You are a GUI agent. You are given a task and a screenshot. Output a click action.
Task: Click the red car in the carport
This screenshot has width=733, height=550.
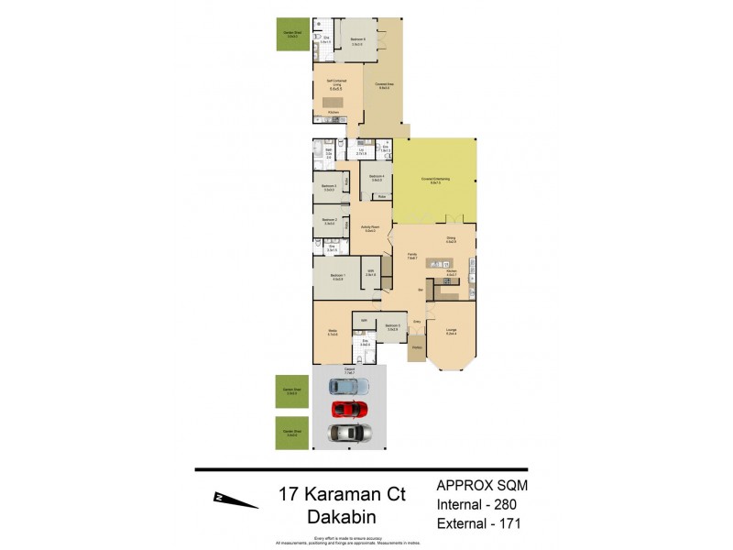click(349, 408)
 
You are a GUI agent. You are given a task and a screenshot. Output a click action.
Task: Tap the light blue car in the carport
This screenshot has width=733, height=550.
click(349, 386)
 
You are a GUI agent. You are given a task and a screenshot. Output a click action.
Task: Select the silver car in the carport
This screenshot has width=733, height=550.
click(349, 432)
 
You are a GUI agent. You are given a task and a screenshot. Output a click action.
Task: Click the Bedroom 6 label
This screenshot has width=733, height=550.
click(358, 40)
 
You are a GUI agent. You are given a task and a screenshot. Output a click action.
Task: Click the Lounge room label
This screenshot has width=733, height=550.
click(452, 332)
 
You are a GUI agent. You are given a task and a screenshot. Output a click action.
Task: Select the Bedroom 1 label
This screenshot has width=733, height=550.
click(337, 276)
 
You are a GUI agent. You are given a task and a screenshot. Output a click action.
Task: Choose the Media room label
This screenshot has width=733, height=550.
click(334, 334)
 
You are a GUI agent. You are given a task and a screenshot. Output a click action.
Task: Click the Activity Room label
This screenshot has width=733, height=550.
click(371, 227)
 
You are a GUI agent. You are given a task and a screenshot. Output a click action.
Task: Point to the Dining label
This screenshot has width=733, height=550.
click(451, 239)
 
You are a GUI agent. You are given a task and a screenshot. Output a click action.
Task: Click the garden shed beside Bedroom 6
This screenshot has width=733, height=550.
click(293, 34)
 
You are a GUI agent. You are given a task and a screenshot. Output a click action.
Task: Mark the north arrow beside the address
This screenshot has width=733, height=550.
click(235, 499)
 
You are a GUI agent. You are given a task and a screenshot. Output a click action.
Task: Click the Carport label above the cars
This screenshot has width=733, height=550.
click(348, 372)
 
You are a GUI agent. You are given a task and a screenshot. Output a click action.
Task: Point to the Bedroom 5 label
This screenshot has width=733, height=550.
click(391, 327)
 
